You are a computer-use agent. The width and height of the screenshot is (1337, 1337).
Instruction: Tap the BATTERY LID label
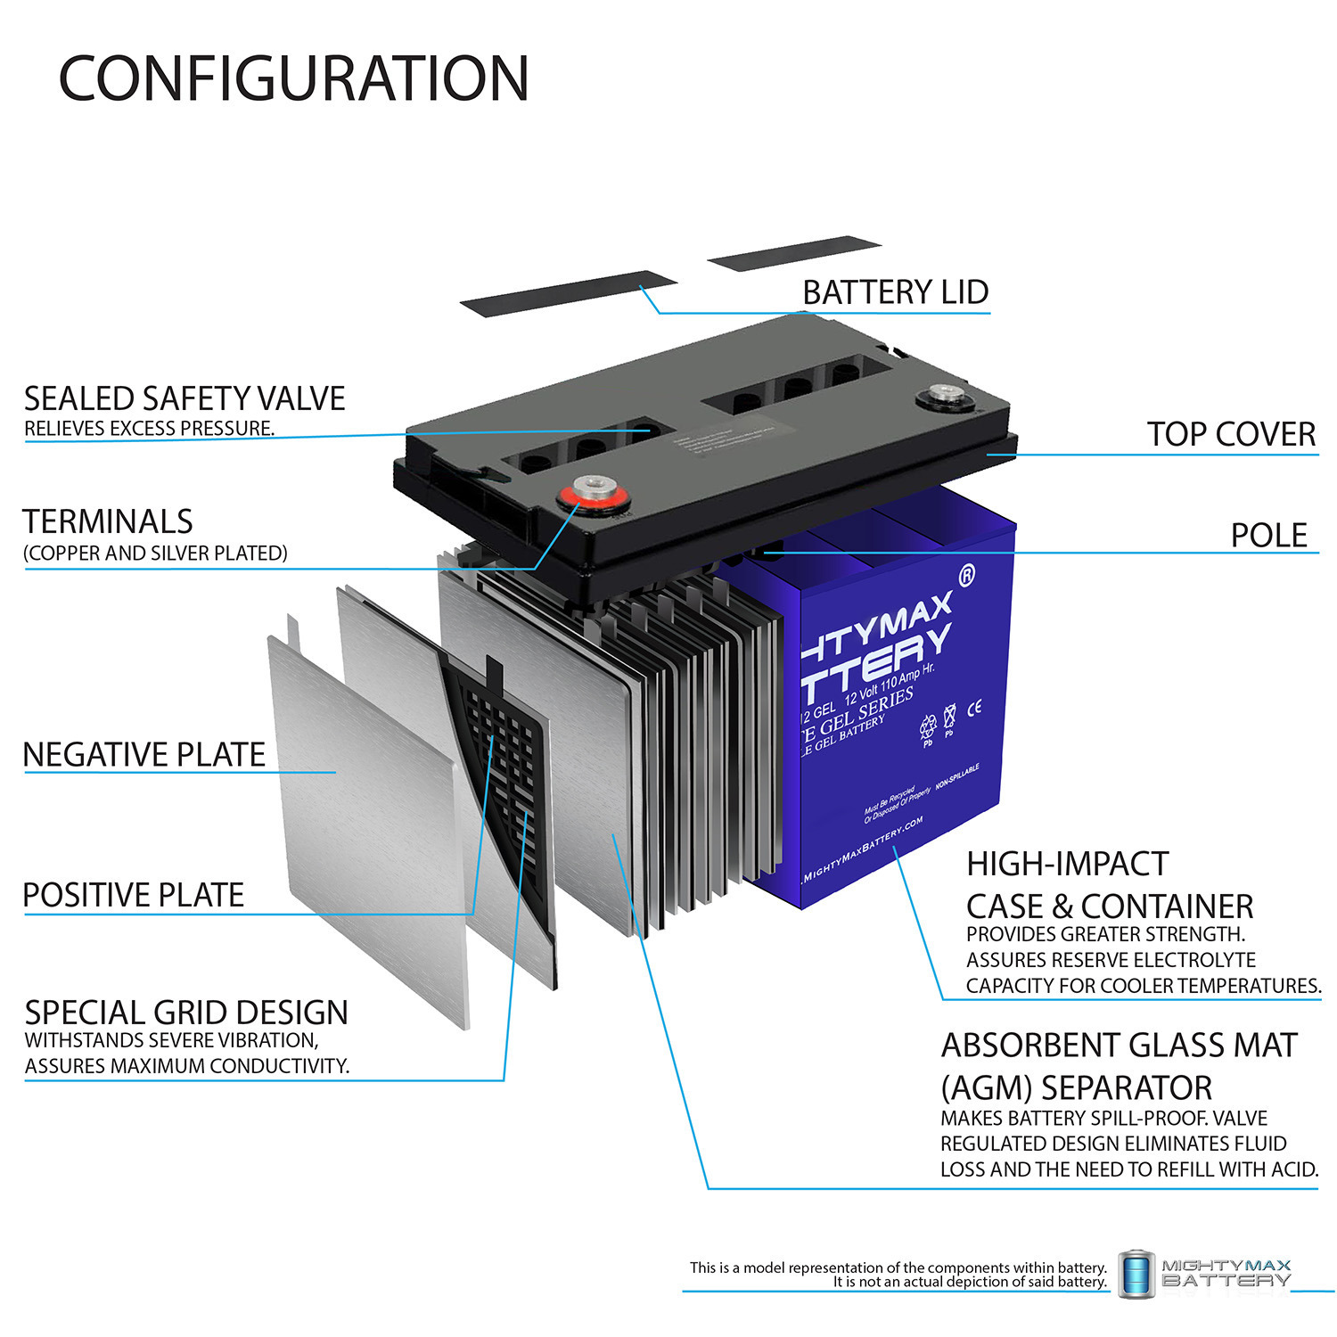click(895, 292)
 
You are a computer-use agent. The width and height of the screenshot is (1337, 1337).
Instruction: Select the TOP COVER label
click(1231, 434)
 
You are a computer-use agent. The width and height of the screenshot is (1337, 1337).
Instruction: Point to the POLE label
click(1268, 535)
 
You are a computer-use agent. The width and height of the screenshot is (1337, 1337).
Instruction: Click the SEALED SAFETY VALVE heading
click(185, 398)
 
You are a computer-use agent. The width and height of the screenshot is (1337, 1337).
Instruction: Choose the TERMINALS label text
click(108, 521)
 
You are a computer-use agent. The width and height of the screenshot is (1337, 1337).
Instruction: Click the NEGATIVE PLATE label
click(144, 755)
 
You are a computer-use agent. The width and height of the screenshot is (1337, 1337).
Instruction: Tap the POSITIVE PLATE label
click(134, 895)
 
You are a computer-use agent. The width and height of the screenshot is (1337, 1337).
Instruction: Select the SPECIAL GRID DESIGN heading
click(186, 1013)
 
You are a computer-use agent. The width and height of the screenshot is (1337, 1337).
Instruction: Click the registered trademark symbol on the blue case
click(966, 577)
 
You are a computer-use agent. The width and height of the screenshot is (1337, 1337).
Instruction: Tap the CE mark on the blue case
click(974, 708)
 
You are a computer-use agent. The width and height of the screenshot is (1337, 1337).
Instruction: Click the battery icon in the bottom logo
click(1136, 1274)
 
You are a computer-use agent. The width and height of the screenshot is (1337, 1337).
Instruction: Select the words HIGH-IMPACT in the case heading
click(1067, 864)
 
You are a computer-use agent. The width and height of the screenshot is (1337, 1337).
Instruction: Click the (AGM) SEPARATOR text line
click(1076, 1088)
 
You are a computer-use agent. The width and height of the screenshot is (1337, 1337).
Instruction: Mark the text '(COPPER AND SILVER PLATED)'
click(155, 554)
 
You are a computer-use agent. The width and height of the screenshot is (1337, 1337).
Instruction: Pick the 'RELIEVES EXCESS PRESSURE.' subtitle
click(149, 429)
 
